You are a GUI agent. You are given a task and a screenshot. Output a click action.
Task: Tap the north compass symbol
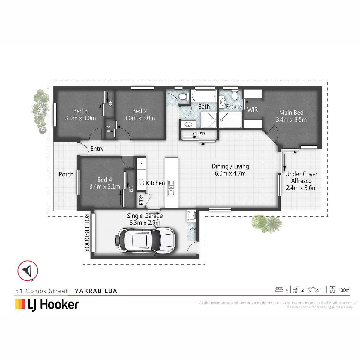coord(28,271)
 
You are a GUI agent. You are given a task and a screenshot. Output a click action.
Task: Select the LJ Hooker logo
coord(47,305)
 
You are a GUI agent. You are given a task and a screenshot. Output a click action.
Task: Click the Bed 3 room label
coord(80,111)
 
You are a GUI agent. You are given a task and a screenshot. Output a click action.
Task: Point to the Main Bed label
coord(291,112)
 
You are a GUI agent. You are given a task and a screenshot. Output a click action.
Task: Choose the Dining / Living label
coord(230,166)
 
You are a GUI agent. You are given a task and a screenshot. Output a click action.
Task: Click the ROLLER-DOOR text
coord(87,233)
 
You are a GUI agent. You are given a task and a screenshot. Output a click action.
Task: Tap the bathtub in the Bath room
coord(204,96)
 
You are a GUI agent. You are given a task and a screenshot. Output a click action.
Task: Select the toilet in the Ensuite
coord(235,95)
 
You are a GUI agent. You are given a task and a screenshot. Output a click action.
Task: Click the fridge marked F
coord(141,163)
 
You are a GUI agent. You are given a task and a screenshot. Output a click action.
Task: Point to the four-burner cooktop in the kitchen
coord(141,182)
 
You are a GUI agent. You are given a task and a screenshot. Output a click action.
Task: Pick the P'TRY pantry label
coord(141,200)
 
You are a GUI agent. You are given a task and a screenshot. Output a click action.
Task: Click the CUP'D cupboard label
coord(199,134)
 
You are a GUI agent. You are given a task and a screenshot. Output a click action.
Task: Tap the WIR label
coord(253,110)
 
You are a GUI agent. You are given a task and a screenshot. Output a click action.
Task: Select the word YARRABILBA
coord(96,291)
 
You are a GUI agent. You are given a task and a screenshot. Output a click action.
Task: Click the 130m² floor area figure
coord(344,290)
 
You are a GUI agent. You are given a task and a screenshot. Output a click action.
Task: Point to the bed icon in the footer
coord(279,290)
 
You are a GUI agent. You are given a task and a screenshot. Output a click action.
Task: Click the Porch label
coord(66,174)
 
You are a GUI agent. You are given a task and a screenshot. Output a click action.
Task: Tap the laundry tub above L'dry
coord(192,216)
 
